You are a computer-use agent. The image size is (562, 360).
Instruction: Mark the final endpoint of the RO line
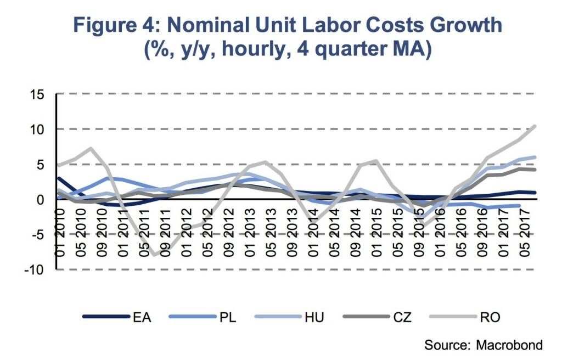click(535, 126)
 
